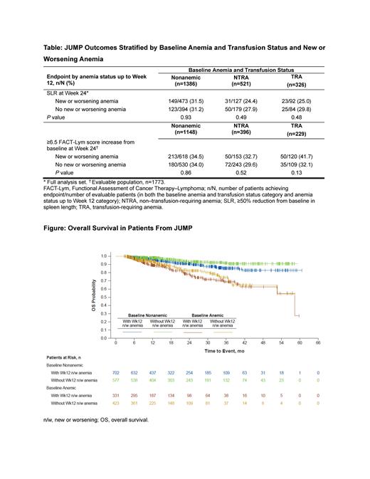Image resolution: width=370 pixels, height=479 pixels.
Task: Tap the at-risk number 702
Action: coord(116,372)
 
